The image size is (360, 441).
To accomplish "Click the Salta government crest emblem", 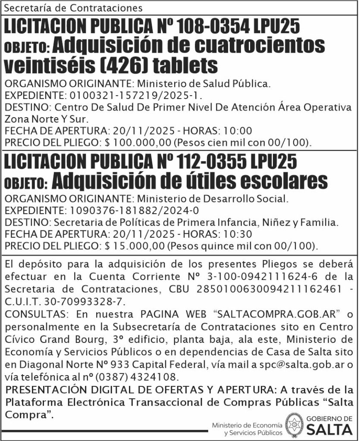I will [x=295, y=425].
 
